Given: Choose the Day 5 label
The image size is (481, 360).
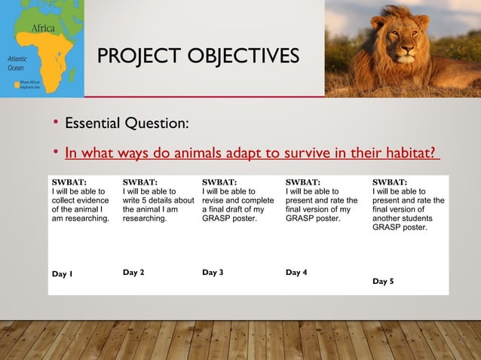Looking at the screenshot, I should point(386,281).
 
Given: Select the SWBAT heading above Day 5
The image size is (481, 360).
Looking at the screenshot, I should point(391,182).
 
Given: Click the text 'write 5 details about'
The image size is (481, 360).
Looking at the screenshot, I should point(158,201).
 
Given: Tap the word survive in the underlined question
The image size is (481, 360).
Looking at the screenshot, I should point(311,154).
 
